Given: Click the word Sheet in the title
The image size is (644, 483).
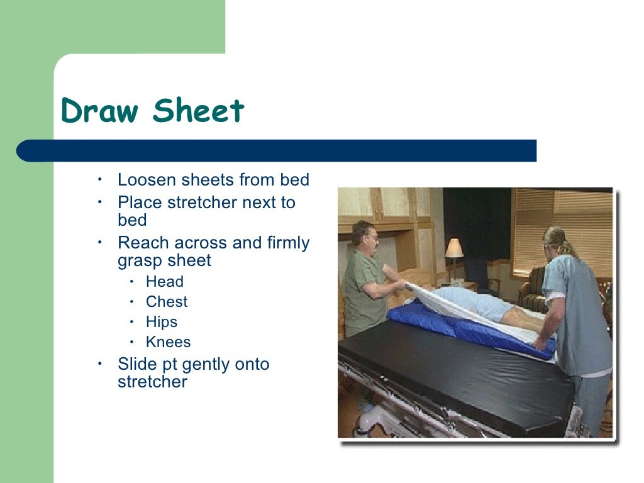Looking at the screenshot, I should pyautogui.click(x=198, y=111).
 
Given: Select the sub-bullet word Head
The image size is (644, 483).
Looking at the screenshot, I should pyautogui.click(x=165, y=282).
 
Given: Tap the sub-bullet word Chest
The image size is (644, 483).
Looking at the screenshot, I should pyautogui.click(x=167, y=302).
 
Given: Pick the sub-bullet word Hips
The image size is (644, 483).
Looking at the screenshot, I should pyautogui.click(x=162, y=322).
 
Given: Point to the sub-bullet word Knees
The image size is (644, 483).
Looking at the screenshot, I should pyautogui.click(x=168, y=342).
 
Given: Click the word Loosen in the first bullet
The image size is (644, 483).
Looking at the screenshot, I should pyautogui.click(x=147, y=180).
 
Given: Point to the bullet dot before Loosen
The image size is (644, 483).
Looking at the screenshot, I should pyautogui.click(x=99, y=180).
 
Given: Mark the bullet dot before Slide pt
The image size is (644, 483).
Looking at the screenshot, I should pyautogui.click(x=99, y=364).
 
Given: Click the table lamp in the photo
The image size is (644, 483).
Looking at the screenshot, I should pyautogui.click(x=453, y=250).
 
